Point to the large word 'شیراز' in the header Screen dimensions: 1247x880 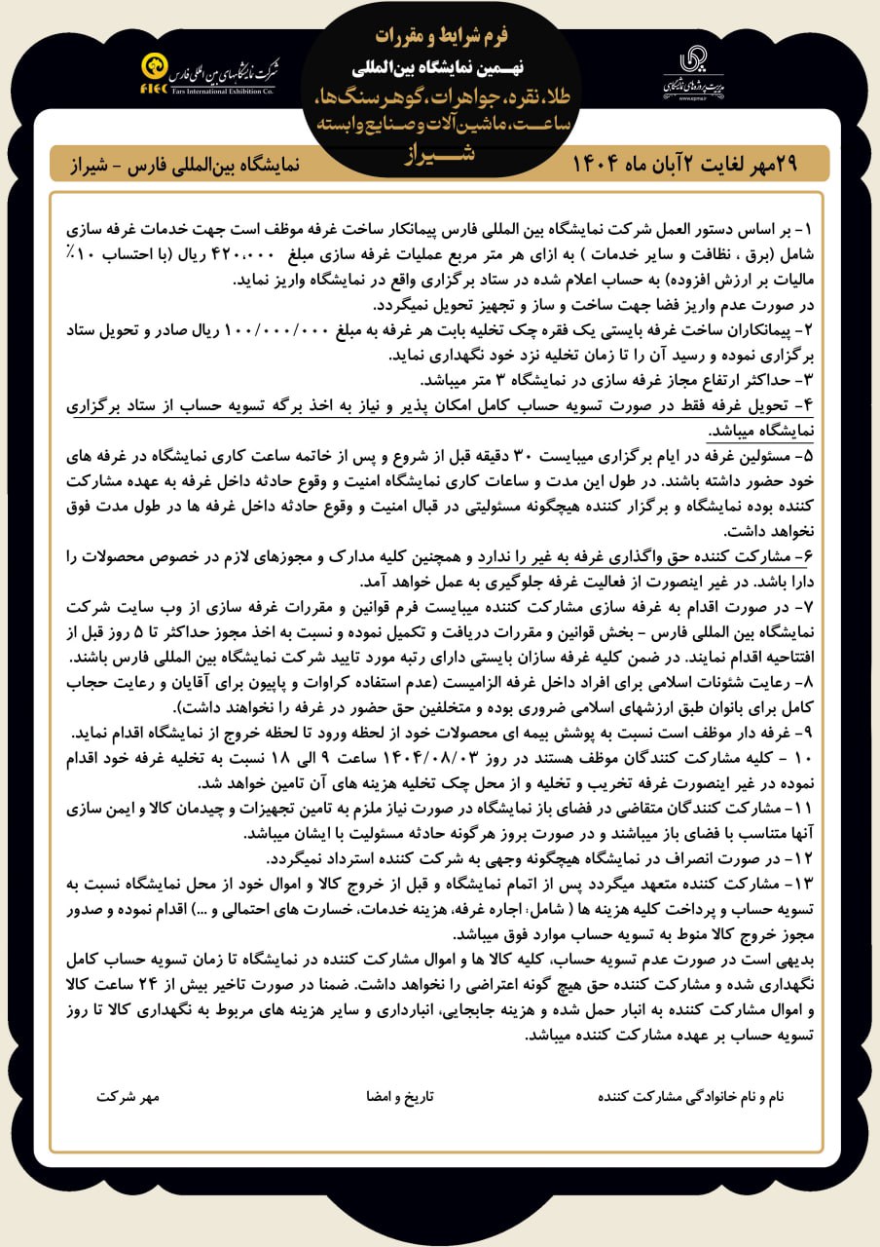tap(440, 153)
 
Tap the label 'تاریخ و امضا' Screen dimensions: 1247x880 tap(400, 1096)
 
